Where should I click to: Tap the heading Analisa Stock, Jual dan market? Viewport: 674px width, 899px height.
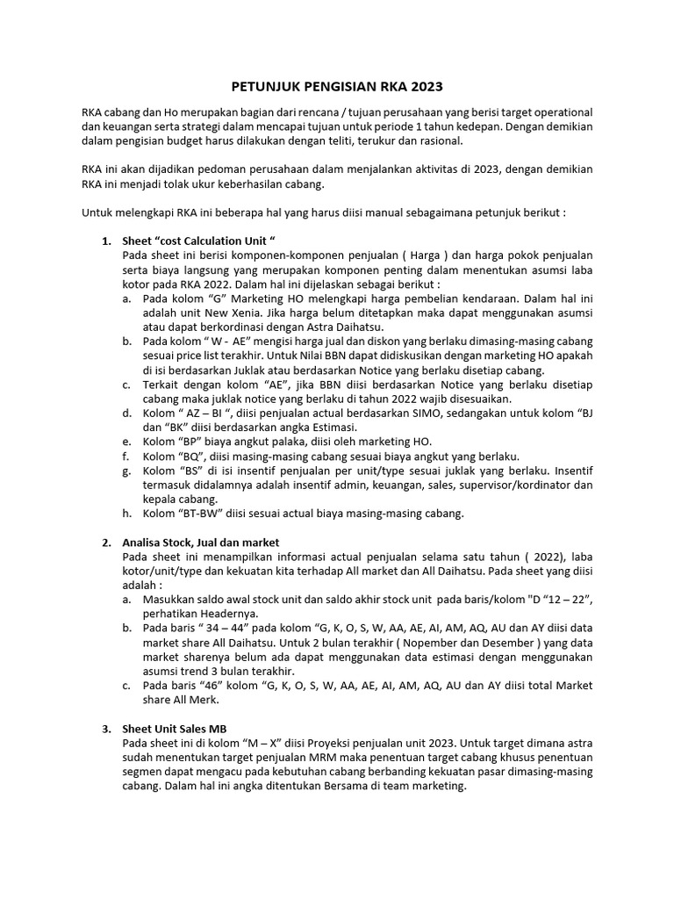pyautogui.click(x=201, y=543)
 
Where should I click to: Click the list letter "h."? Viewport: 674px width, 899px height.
pyautogui.click(x=128, y=513)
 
